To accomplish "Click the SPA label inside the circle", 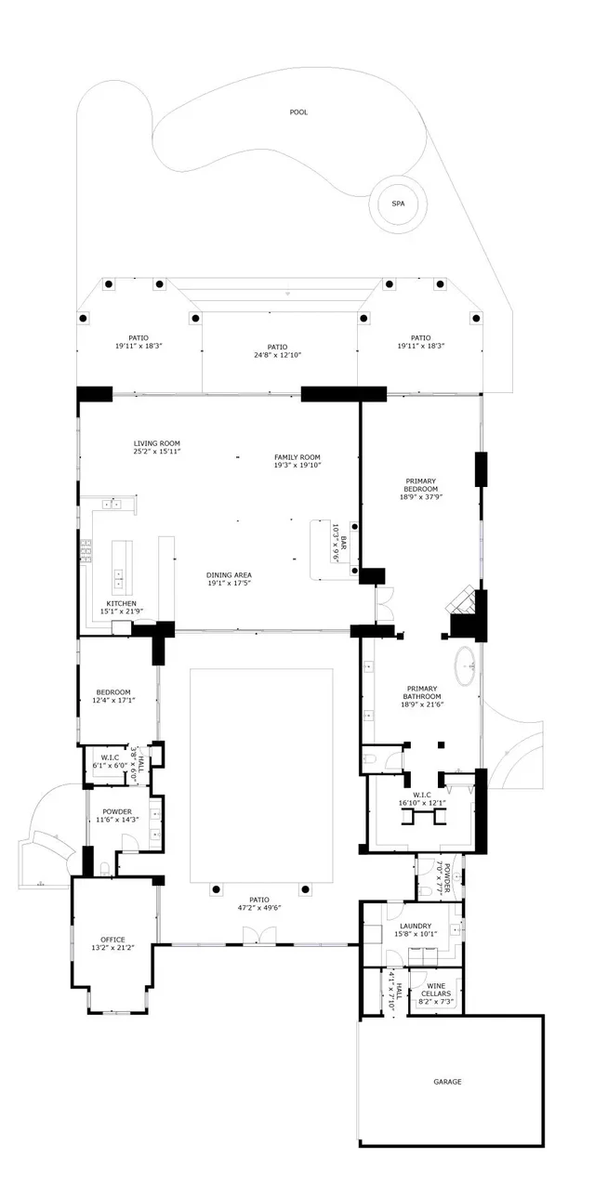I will (398, 204).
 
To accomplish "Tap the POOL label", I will (297, 112).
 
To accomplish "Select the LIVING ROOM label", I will (156, 443).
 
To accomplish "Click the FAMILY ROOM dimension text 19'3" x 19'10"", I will (297, 466).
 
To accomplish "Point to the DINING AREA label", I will (229, 575).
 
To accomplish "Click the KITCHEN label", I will (121, 603).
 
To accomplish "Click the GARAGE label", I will (447, 1081).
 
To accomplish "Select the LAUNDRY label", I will (414, 926).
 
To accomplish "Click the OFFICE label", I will (112, 940).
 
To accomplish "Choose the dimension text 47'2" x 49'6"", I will (259, 909).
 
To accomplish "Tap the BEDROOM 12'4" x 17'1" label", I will (113, 691).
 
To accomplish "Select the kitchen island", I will (123, 568).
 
